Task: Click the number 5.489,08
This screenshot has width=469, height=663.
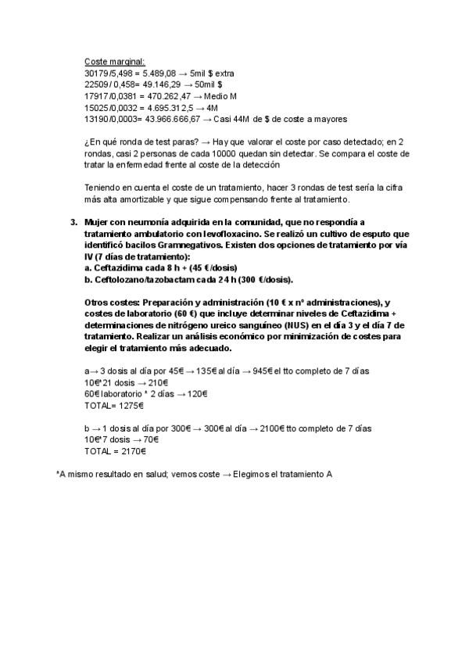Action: (x=147, y=73)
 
